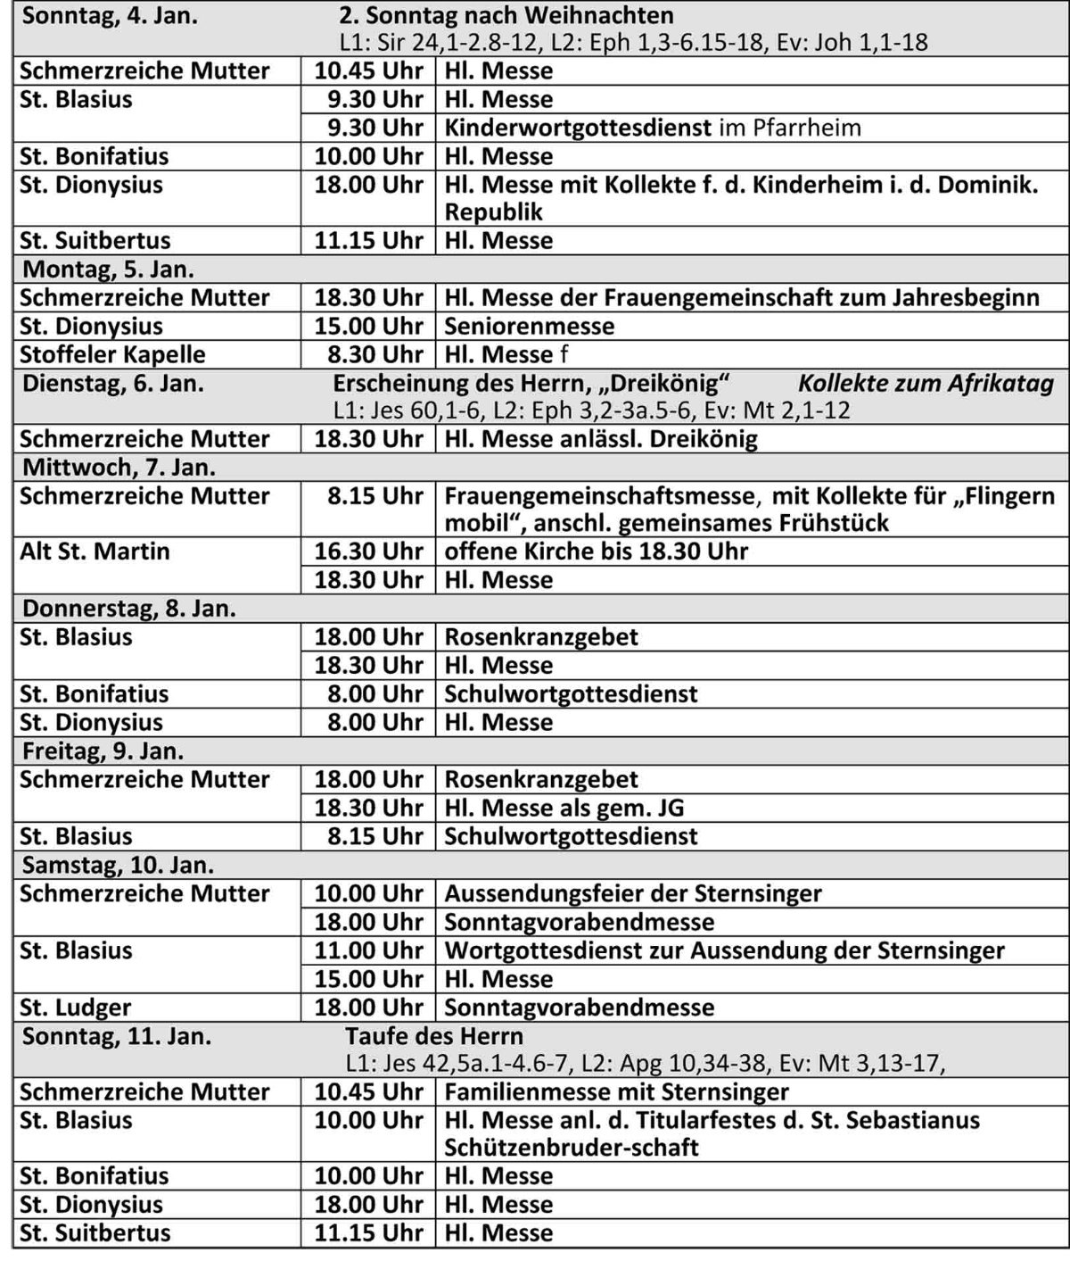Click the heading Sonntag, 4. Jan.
point(109,16)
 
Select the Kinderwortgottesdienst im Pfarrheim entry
point(653,128)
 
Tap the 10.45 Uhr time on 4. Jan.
point(368,71)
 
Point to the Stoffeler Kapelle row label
point(113,354)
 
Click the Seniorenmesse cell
point(529,326)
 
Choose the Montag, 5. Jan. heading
point(108,269)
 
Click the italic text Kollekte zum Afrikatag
point(925,384)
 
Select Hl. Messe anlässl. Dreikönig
point(601,439)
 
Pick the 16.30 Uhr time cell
point(368,552)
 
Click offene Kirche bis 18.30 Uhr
point(596,552)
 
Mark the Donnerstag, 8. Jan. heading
point(128,609)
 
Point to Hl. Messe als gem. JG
point(564,808)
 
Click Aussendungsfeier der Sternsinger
point(633,893)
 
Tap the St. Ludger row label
point(75,1008)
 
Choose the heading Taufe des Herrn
point(434,1036)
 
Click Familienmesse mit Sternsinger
point(616,1091)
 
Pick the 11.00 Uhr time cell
point(368,950)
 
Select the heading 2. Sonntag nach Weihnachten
point(506,16)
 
